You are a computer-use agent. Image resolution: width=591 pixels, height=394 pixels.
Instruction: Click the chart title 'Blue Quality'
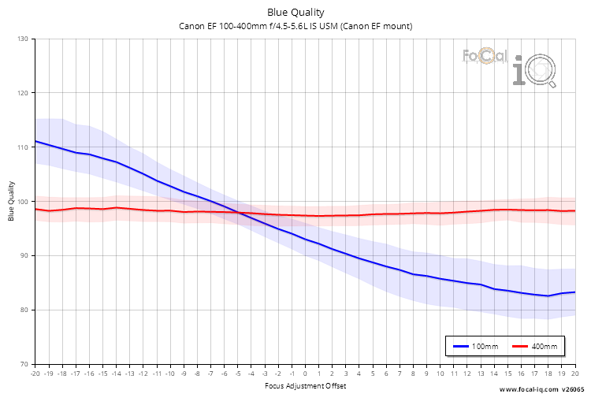coord(295,12)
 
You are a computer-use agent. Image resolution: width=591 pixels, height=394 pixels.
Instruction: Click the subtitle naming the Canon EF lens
coord(295,26)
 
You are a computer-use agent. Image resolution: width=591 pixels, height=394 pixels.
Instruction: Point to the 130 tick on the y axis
coord(22,39)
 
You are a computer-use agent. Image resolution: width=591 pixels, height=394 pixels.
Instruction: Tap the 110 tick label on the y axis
coord(22,147)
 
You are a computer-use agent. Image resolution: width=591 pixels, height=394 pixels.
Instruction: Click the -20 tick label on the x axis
coord(35,374)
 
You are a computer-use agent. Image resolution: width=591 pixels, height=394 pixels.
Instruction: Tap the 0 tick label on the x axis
coord(305,374)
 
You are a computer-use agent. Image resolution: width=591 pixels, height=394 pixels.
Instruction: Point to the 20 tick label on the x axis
coord(574,374)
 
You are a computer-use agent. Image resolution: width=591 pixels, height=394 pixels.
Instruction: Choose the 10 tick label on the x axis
coord(440,374)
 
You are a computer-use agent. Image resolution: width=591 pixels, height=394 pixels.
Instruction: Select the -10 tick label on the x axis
coord(169,374)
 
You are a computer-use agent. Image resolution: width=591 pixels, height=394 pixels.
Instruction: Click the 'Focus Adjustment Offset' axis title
coord(305,386)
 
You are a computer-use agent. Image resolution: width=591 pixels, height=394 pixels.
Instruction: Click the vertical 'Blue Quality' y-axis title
coord(11,202)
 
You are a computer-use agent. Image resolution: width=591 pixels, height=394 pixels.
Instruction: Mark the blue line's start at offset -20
coord(35,142)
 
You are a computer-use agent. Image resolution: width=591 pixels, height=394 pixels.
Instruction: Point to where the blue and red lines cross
coord(239,212)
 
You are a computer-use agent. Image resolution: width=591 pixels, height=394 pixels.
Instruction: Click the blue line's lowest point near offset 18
coord(548,296)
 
